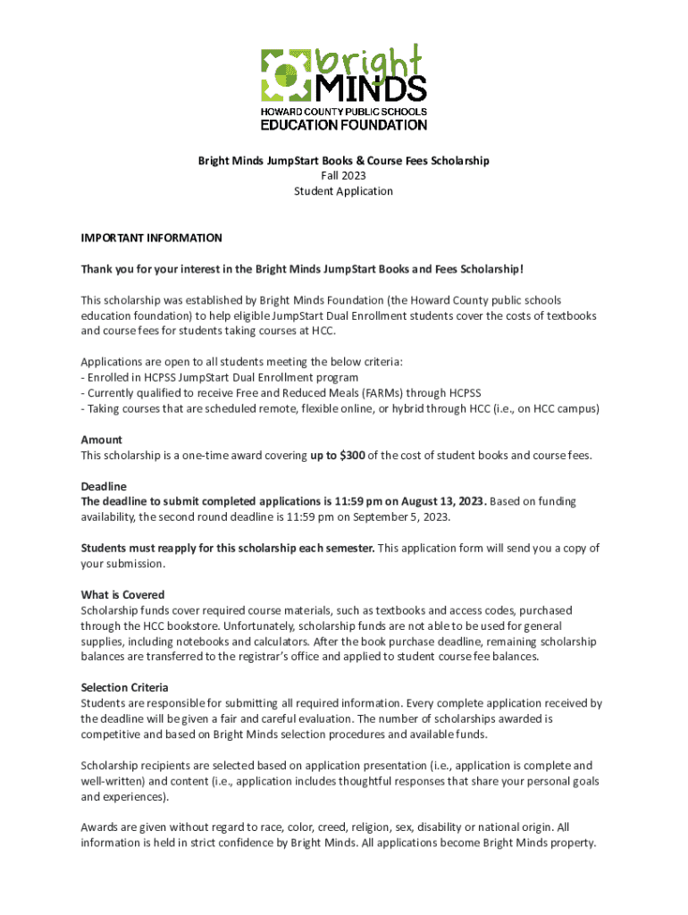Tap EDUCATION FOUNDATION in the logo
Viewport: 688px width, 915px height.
pyautogui.click(x=344, y=125)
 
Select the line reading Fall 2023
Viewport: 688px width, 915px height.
pyautogui.click(x=344, y=176)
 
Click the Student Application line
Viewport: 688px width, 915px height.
pyautogui.click(x=344, y=191)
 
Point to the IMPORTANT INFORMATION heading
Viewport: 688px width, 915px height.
pyautogui.click(x=151, y=239)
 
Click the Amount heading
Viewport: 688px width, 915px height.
pyautogui.click(x=102, y=440)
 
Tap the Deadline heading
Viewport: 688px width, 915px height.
pyautogui.click(x=104, y=486)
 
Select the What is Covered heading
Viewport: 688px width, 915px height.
pyautogui.click(x=123, y=594)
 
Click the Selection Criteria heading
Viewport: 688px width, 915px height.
pyautogui.click(x=124, y=687)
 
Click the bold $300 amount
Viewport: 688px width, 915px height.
pyautogui.click(x=350, y=455)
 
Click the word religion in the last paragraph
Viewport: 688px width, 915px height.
pyautogui.click(x=373, y=827)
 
